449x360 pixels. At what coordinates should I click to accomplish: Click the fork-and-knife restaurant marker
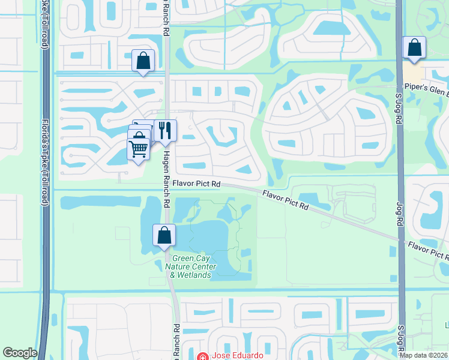click(164, 130)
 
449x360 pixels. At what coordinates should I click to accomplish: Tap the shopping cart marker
click(139, 148)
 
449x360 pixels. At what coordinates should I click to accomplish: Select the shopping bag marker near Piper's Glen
click(414, 47)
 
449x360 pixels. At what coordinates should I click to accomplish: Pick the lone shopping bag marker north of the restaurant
click(143, 61)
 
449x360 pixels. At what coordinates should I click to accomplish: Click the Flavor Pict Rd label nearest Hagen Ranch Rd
click(196, 184)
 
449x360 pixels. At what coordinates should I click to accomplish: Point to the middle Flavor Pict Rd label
click(286, 200)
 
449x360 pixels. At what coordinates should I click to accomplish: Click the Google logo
click(20, 353)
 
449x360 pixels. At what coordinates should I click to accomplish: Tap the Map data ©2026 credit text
click(423, 355)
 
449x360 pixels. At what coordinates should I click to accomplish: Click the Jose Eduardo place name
click(238, 355)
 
